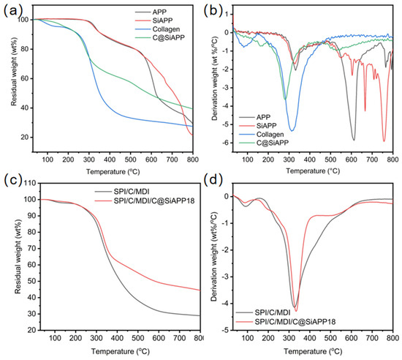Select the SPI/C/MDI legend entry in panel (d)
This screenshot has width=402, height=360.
(x=263, y=312)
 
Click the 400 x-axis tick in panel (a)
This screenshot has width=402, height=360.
(x=110, y=160)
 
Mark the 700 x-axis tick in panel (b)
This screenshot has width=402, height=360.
(x=372, y=160)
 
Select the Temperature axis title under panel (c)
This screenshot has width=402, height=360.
(x=121, y=351)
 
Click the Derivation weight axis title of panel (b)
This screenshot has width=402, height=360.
(x=215, y=78)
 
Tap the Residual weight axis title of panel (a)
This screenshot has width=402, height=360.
(x=14, y=71)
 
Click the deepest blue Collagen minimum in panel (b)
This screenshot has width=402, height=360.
(x=292, y=131)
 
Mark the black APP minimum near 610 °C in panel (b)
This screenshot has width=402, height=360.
(x=354, y=140)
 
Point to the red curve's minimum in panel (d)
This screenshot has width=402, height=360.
(x=296, y=311)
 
